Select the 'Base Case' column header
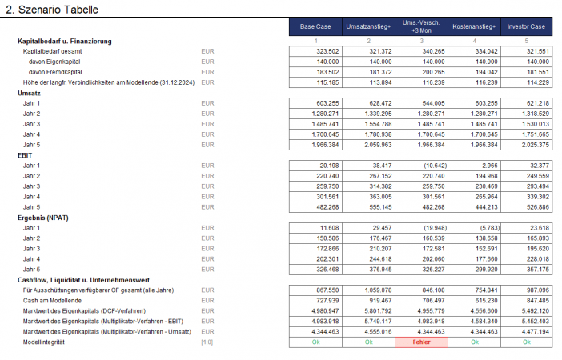(x=315, y=26)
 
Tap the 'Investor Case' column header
(x=526, y=26)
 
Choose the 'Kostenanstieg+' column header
(x=474, y=26)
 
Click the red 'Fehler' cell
(x=421, y=341)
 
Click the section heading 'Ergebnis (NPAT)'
(x=49, y=217)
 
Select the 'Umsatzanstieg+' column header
(x=368, y=26)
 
